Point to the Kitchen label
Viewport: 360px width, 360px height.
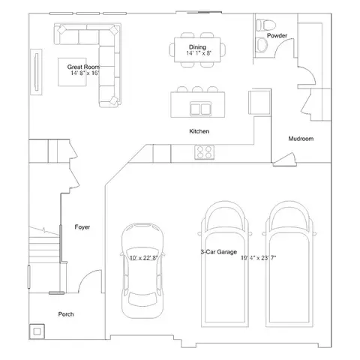tap(199, 131)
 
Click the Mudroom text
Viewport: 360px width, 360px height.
tap(301, 139)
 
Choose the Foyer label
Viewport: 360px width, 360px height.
tap(83, 226)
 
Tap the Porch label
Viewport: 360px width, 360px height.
tap(66, 314)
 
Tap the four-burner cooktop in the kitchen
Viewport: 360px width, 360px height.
tap(204, 152)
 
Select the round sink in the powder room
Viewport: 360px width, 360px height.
tap(262, 25)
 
